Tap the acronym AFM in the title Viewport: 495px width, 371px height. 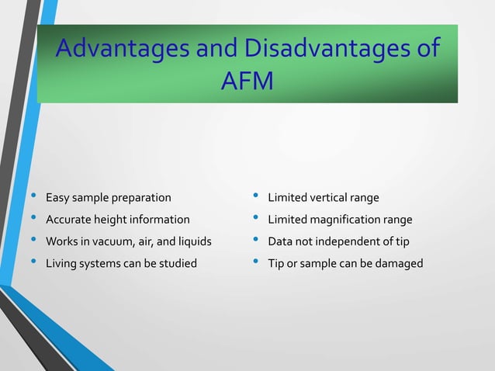point(247,81)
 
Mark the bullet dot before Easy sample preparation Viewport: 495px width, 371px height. point(32,196)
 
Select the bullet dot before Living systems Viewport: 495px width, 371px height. point(32,261)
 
